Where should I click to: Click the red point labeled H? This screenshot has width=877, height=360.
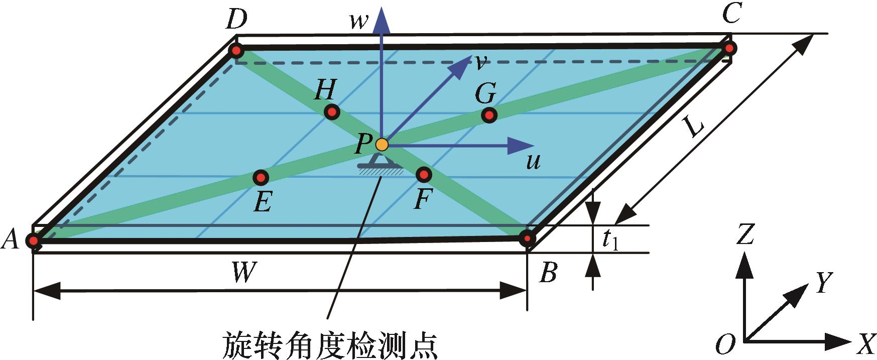click(332, 111)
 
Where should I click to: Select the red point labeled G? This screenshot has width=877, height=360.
click(489, 115)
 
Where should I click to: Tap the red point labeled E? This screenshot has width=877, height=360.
click(261, 177)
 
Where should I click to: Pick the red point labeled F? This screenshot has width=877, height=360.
click(424, 174)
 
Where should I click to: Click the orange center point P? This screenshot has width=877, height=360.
click(382, 145)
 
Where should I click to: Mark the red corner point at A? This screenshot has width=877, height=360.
click(34, 241)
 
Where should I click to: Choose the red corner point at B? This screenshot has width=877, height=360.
click(527, 238)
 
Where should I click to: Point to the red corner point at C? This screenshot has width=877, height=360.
click(730, 48)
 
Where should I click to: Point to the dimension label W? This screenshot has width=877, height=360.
click(244, 274)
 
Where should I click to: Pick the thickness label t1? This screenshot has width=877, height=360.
click(610, 240)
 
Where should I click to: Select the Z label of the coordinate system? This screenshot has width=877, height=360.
click(745, 234)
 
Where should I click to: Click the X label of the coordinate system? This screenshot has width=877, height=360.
click(864, 344)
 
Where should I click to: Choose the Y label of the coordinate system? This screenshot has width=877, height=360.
click(823, 282)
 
